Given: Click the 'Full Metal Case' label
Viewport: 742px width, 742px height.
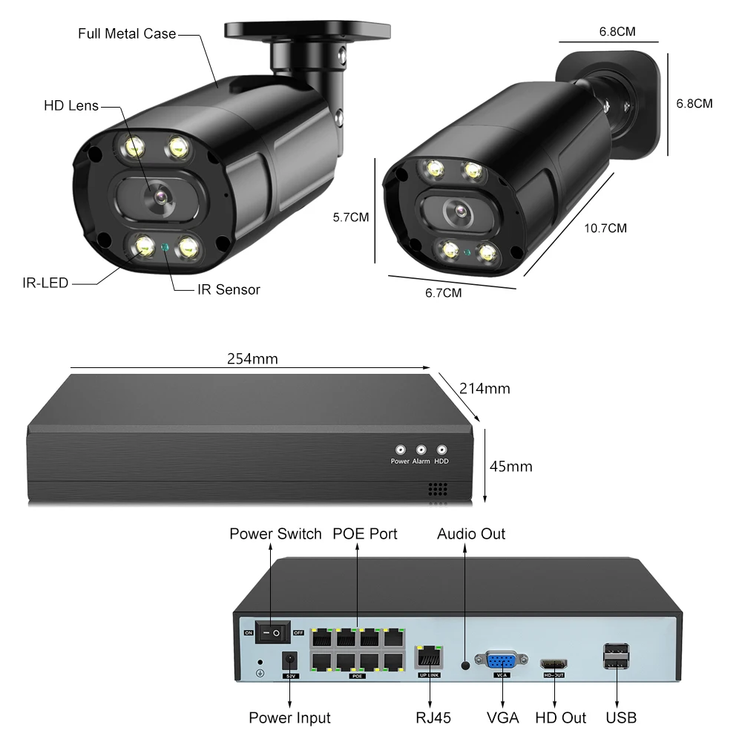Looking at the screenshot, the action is pos(127,33).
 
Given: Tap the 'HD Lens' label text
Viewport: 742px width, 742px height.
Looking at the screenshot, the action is pos(71,106).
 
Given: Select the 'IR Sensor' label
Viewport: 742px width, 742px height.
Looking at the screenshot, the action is pos(229,289).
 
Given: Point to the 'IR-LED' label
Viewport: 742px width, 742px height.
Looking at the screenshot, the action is pos(45,283).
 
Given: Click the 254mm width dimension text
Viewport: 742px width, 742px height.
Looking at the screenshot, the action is pos(252,359).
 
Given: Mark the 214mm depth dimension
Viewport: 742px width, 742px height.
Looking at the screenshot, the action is pos(485,388).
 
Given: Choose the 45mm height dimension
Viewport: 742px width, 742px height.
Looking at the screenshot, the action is pos(511,466).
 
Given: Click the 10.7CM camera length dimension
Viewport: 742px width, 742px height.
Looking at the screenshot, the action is pos(605,228).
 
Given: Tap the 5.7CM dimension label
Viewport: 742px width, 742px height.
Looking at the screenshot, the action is pos(351,217).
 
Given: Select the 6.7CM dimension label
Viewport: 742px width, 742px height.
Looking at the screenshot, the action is pos(443,292).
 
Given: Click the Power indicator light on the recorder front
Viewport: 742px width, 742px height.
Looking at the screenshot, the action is pos(400,450).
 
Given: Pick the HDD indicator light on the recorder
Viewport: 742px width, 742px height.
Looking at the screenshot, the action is pos(441,450).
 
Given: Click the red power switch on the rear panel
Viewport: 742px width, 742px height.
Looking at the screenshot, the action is pos(275,632).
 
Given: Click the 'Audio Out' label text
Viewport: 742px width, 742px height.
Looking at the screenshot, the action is pos(471,533).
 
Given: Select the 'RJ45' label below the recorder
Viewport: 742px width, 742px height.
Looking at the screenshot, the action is pos(433,718).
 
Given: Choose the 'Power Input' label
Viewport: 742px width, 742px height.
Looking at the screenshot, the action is pos(289,718).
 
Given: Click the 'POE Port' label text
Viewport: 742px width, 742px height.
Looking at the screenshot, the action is pos(364,533).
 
